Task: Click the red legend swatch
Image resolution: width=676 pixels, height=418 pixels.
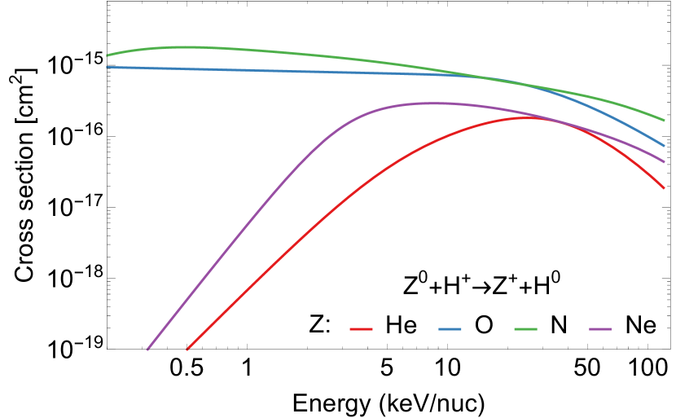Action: tap(361, 329)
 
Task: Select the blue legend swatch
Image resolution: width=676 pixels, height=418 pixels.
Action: tap(450, 329)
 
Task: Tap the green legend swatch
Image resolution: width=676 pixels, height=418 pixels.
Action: tap(525, 329)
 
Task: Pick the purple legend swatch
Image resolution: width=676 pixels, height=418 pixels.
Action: tap(600, 329)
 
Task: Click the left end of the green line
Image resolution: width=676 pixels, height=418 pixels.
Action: tap(107, 55)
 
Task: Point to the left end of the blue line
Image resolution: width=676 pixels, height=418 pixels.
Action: tap(107, 67)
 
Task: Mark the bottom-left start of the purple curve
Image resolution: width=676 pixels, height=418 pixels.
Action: tap(147, 350)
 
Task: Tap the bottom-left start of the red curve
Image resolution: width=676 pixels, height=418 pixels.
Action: tap(187, 350)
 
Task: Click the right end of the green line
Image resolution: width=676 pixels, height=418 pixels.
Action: tap(665, 121)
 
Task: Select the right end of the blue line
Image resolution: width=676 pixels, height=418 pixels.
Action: tap(665, 146)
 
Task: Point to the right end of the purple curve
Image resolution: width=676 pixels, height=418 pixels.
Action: tap(665, 162)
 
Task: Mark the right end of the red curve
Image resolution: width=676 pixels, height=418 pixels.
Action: tap(665, 188)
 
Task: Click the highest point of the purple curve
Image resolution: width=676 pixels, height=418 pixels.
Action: tap(429, 103)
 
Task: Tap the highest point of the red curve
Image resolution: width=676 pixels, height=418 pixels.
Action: tap(525, 118)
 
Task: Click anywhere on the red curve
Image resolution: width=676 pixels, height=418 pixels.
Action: tap(326, 214)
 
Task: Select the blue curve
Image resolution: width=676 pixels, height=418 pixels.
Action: tap(285, 71)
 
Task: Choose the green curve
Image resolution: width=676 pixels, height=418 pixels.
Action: tap(326, 56)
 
